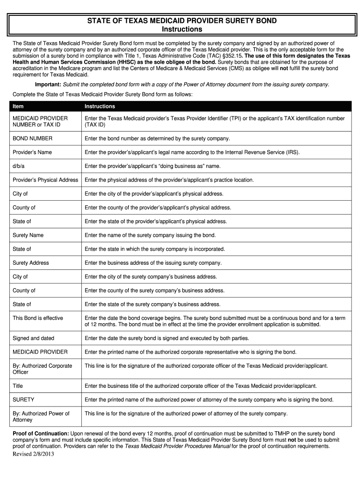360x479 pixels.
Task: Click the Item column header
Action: point(18,106)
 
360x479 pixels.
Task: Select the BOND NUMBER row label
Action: point(32,138)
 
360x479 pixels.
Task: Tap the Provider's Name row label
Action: point(32,152)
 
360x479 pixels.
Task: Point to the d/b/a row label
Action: point(19,166)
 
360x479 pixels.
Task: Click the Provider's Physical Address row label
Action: point(45,180)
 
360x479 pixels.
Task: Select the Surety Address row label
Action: point(31,263)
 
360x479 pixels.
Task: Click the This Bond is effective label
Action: point(38,318)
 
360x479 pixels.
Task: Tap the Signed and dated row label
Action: point(34,338)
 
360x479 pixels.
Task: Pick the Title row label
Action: point(18,386)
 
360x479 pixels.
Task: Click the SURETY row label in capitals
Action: point(23,400)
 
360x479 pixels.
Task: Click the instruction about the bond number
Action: point(157,138)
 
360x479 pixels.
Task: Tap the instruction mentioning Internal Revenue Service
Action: point(192,152)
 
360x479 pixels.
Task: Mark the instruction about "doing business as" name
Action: point(152,166)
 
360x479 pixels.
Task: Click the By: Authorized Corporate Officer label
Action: point(42,369)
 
